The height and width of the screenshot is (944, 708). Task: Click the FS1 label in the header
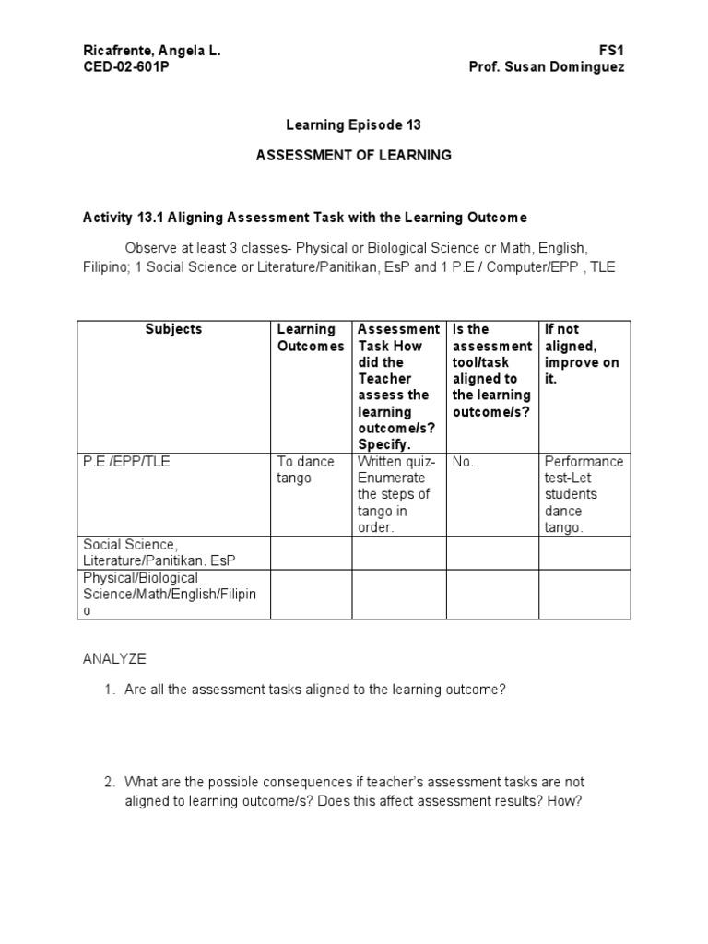(x=614, y=51)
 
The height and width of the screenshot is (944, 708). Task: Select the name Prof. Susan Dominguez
(x=547, y=67)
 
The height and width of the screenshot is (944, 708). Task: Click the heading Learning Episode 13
(x=353, y=124)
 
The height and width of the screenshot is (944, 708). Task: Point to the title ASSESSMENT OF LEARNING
(x=353, y=155)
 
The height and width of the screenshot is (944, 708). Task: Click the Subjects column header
(x=173, y=329)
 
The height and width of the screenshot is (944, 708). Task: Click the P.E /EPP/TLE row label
(x=120, y=461)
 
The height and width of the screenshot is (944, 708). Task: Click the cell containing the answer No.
(x=464, y=461)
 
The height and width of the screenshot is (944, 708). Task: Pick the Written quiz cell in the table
(x=398, y=494)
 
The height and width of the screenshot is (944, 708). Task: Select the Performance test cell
(x=584, y=494)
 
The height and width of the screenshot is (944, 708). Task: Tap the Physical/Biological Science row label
(x=170, y=594)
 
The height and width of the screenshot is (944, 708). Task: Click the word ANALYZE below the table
(x=115, y=659)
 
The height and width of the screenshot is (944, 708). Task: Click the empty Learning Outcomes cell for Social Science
(x=311, y=553)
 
